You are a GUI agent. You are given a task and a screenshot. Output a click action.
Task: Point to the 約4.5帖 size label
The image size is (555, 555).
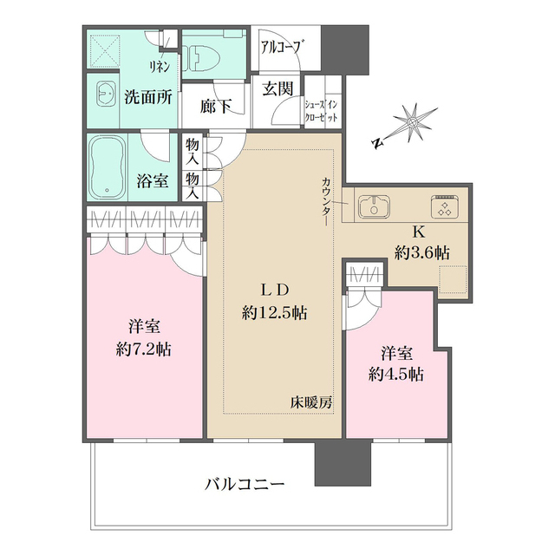pyautogui.click(x=395, y=375)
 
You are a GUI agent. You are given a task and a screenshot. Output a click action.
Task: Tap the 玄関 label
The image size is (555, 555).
pyautogui.click(x=277, y=88)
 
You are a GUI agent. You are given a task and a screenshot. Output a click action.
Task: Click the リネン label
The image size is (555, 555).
pyautogui.click(x=159, y=67)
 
